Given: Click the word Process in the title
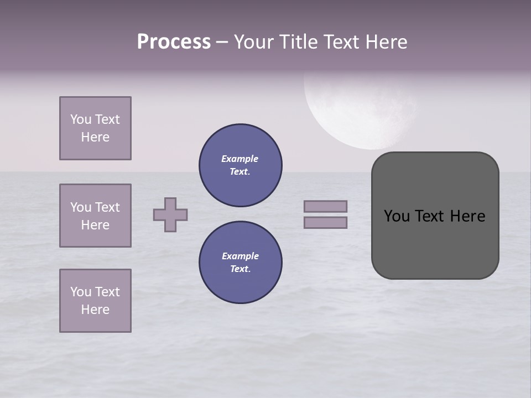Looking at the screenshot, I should [x=174, y=42].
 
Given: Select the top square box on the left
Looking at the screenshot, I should [x=95, y=128].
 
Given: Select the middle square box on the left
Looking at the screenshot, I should [x=95, y=216].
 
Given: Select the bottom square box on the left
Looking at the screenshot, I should [x=95, y=301].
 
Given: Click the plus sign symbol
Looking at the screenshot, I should [x=170, y=214].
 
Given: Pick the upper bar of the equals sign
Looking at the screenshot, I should [x=325, y=206].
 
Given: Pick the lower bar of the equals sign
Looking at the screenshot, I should [x=325, y=222].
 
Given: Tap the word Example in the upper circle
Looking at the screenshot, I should [x=240, y=159].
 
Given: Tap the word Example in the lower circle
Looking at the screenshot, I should [x=240, y=256].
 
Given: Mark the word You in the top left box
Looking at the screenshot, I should [x=81, y=119].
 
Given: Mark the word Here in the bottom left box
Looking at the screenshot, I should [x=95, y=310].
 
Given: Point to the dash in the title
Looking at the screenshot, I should [x=222, y=43].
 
